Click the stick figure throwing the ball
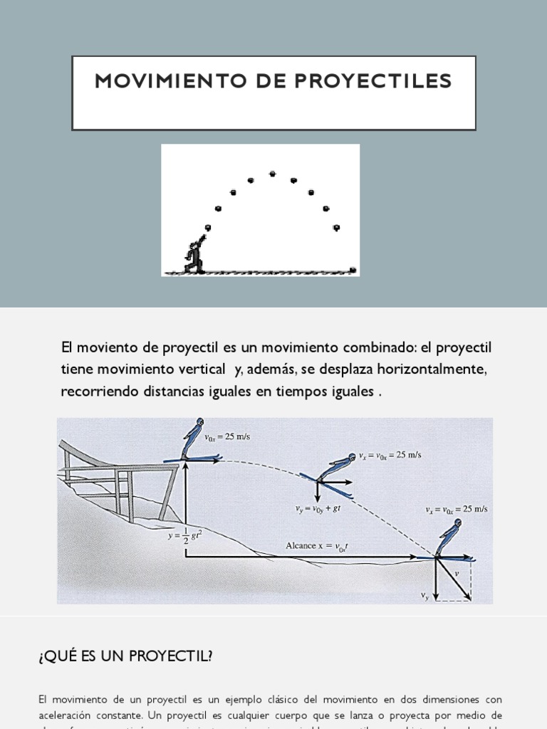(194, 256)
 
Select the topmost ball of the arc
(272, 173)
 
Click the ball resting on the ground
(353, 270)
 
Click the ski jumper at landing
(449, 538)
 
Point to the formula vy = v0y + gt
(318, 508)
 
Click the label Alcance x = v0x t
(316, 545)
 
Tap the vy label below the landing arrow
(425, 595)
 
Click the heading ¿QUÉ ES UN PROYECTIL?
(125, 656)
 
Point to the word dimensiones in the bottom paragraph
(443, 700)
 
